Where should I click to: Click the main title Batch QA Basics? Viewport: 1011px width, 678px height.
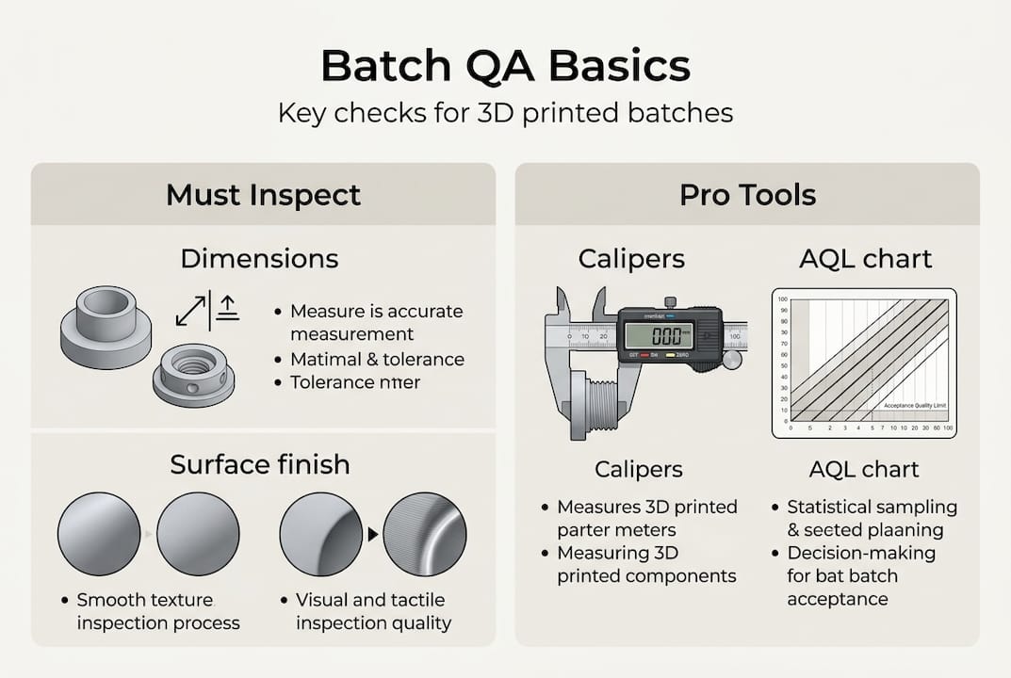pos(505,67)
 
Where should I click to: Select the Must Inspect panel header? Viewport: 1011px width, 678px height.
pos(263,195)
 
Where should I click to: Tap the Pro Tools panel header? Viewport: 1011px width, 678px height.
pos(747,195)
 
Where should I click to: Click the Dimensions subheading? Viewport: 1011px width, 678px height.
pos(259,258)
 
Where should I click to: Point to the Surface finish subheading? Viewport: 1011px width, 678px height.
pos(260,464)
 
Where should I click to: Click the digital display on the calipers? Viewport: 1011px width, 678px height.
pos(660,335)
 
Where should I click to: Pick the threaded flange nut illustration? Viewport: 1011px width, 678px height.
pos(193,375)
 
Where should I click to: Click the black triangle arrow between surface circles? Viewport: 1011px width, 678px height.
pos(373,535)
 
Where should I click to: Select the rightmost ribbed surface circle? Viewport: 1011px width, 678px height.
pos(425,534)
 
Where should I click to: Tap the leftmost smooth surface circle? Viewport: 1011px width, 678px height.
pos(99,534)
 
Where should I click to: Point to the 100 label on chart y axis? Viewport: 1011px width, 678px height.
pos(780,299)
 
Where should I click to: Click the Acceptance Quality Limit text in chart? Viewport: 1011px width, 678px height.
pos(913,406)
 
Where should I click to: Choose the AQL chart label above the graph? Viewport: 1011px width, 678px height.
pos(864,258)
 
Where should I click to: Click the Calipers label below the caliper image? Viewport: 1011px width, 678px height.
pos(638,469)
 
